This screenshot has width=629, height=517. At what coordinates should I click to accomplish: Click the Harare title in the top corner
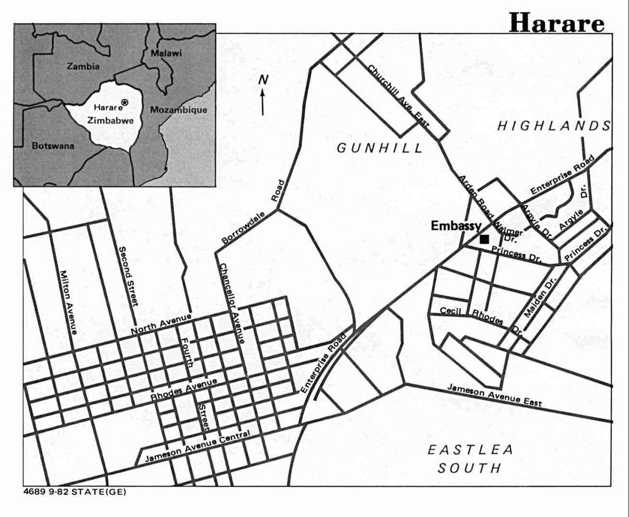[556, 23]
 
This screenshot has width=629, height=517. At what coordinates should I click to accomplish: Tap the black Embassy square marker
[485, 239]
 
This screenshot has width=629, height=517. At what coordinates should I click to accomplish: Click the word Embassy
[456, 225]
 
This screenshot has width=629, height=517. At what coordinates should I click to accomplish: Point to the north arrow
[263, 101]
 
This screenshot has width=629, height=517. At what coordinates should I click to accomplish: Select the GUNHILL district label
[380, 147]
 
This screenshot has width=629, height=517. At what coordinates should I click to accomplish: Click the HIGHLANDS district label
[554, 126]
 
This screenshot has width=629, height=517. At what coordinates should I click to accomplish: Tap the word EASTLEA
[471, 450]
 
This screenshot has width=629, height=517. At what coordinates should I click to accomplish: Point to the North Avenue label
[161, 324]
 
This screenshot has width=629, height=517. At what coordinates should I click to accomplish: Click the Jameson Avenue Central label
[197, 446]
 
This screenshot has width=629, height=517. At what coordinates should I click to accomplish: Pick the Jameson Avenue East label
[495, 395]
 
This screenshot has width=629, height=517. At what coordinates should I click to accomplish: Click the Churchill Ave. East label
[398, 96]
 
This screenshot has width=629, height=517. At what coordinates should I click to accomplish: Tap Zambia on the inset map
[83, 66]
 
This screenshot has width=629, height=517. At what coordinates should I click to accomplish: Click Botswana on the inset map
[53, 146]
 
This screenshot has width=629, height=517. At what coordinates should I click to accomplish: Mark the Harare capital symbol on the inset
[125, 102]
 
